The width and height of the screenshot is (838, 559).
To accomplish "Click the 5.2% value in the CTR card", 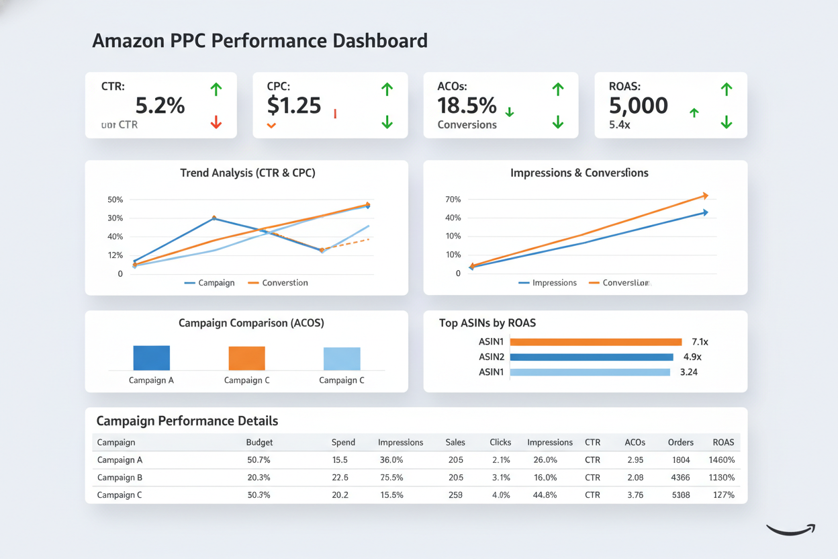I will tap(160, 105).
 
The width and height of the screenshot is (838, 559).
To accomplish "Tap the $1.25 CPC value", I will tap(293, 105).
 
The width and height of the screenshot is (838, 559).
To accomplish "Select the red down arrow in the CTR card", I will tap(216, 122).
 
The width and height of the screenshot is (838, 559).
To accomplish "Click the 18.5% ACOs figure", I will tap(467, 105).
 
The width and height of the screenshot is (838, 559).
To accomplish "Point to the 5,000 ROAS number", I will tap(638, 105).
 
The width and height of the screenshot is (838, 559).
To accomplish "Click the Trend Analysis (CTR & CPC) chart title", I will tap(247, 173).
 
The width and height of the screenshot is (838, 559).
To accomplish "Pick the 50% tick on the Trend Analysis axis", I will tap(115, 200).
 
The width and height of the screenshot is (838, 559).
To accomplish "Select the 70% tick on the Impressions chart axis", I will tap(453, 200).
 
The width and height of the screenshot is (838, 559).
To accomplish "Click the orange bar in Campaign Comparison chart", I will tap(246, 358).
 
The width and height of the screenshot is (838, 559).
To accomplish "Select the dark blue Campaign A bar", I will tap(152, 357).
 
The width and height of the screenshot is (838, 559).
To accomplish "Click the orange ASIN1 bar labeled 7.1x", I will tap(596, 342).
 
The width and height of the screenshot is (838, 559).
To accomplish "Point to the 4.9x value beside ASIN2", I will tap(692, 357).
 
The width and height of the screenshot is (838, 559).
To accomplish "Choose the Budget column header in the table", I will tap(259, 442).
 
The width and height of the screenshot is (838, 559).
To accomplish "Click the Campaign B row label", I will tap(120, 478).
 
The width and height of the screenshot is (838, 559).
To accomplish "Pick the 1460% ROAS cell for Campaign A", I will tap(721, 460).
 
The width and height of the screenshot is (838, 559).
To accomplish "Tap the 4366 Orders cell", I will tap(680, 478).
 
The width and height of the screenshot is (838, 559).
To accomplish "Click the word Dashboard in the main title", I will tap(380, 40).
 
